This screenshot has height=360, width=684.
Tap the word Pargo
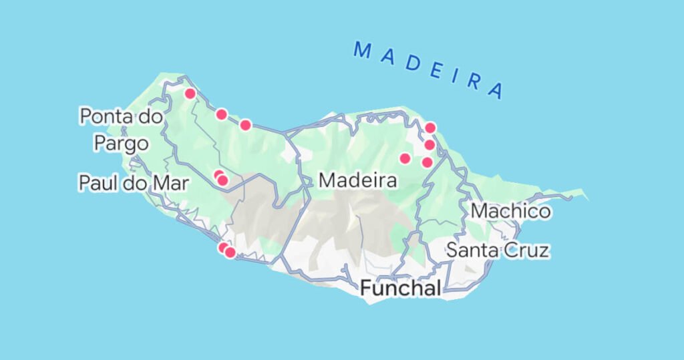[121, 143]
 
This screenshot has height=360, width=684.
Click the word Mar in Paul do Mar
[170, 183]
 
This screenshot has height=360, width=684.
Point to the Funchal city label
[401, 289]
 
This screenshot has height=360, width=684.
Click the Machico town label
[511, 212]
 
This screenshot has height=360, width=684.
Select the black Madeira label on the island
[358, 180]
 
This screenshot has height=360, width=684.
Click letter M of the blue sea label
[363, 49]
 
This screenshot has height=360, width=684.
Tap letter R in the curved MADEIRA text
[474, 81]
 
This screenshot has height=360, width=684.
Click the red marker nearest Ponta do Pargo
[190, 94]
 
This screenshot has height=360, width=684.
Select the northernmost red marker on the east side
[430, 127]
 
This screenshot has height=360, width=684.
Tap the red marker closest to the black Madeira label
[404, 158]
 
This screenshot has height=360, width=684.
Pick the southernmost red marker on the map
[230, 252]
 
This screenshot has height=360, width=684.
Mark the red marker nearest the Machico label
[427, 162]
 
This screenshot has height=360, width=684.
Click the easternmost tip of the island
[587, 198]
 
